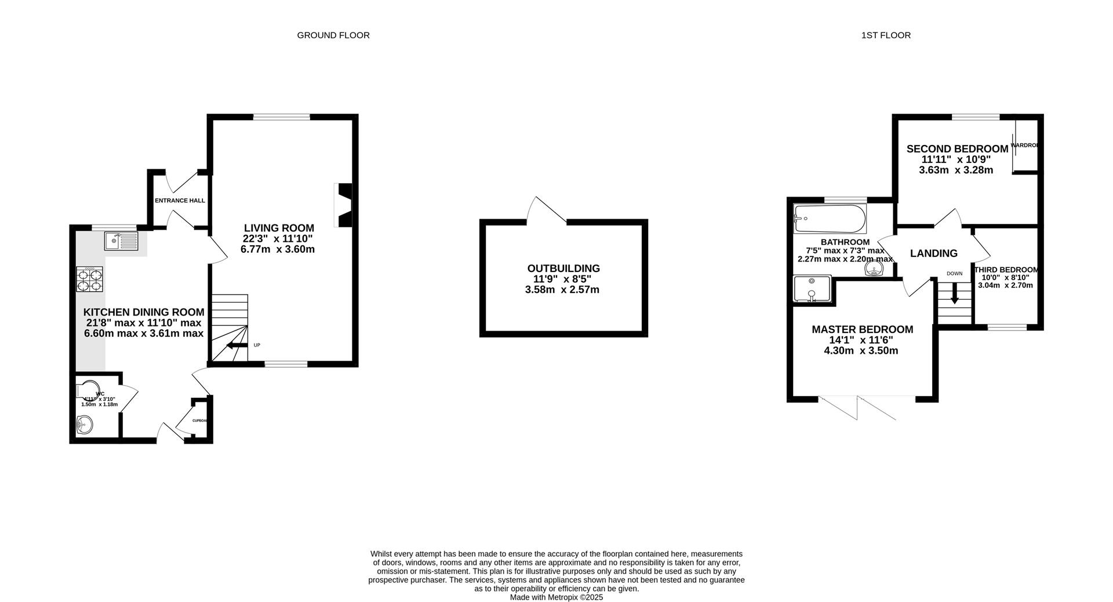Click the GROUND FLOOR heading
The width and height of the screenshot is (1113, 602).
tap(333, 35)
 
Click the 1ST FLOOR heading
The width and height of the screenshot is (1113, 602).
tap(885, 35)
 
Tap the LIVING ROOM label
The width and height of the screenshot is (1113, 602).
tap(279, 228)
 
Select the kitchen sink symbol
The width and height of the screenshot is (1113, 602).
tap(121, 241)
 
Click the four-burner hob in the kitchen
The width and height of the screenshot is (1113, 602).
tap(89, 278)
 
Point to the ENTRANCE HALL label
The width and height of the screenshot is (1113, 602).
tap(180, 201)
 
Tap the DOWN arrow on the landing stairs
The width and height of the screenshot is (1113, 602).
tap(954, 296)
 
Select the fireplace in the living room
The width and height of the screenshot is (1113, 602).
tap(343, 205)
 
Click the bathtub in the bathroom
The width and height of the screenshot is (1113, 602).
tap(830, 219)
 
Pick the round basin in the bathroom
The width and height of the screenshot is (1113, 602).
tap(874, 269)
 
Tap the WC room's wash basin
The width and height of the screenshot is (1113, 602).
tap(84, 426)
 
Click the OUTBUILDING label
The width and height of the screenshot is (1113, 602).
tap(563, 269)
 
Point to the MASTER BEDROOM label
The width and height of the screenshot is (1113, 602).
tap(862, 329)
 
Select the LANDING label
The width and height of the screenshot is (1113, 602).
tap(933, 253)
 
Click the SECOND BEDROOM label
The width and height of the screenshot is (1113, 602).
tap(957, 149)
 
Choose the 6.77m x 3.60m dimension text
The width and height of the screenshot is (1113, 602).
tap(278, 249)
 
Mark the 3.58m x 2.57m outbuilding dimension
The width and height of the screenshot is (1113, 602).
tap(562, 289)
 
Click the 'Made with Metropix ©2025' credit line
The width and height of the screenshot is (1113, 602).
tap(556, 597)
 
